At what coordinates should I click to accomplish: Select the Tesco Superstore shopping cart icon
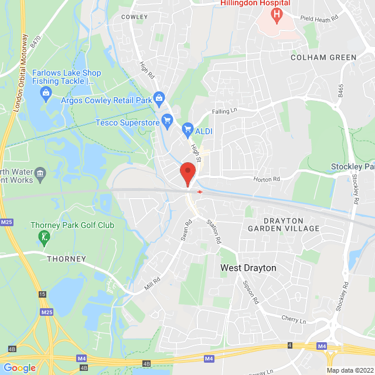(167, 122)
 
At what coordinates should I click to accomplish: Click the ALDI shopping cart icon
(187, 128)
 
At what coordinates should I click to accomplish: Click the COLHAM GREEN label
(324, 57)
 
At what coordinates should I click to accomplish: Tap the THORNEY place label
(67, 258)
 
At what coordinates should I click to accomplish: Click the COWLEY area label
(134, 17)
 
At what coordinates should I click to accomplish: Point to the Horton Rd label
(267, 179)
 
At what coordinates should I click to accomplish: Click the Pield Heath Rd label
(319, 18)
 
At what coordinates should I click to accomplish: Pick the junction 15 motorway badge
(42, 294)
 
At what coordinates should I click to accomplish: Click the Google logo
(19, 368)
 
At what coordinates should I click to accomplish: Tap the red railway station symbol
(200, 191)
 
